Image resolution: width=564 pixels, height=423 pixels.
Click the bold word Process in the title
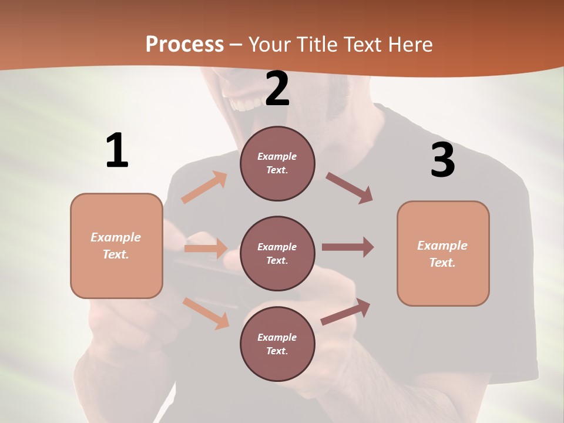(184, 45)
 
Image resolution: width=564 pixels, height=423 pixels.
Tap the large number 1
(117, 151)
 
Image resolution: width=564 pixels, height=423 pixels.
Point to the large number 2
(277, 89)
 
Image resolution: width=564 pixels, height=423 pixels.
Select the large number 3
(443, 160)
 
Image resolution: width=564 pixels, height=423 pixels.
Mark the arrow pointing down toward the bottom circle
(206, 313)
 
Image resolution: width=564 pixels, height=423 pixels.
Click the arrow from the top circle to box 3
(350, 188)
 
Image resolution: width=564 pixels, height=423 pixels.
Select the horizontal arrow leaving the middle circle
(348, 247)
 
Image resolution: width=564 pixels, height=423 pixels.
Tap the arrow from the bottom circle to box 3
(346, 311)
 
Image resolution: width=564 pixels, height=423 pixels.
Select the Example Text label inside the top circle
(277, 163)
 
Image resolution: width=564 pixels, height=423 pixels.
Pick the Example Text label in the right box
(442, 254)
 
